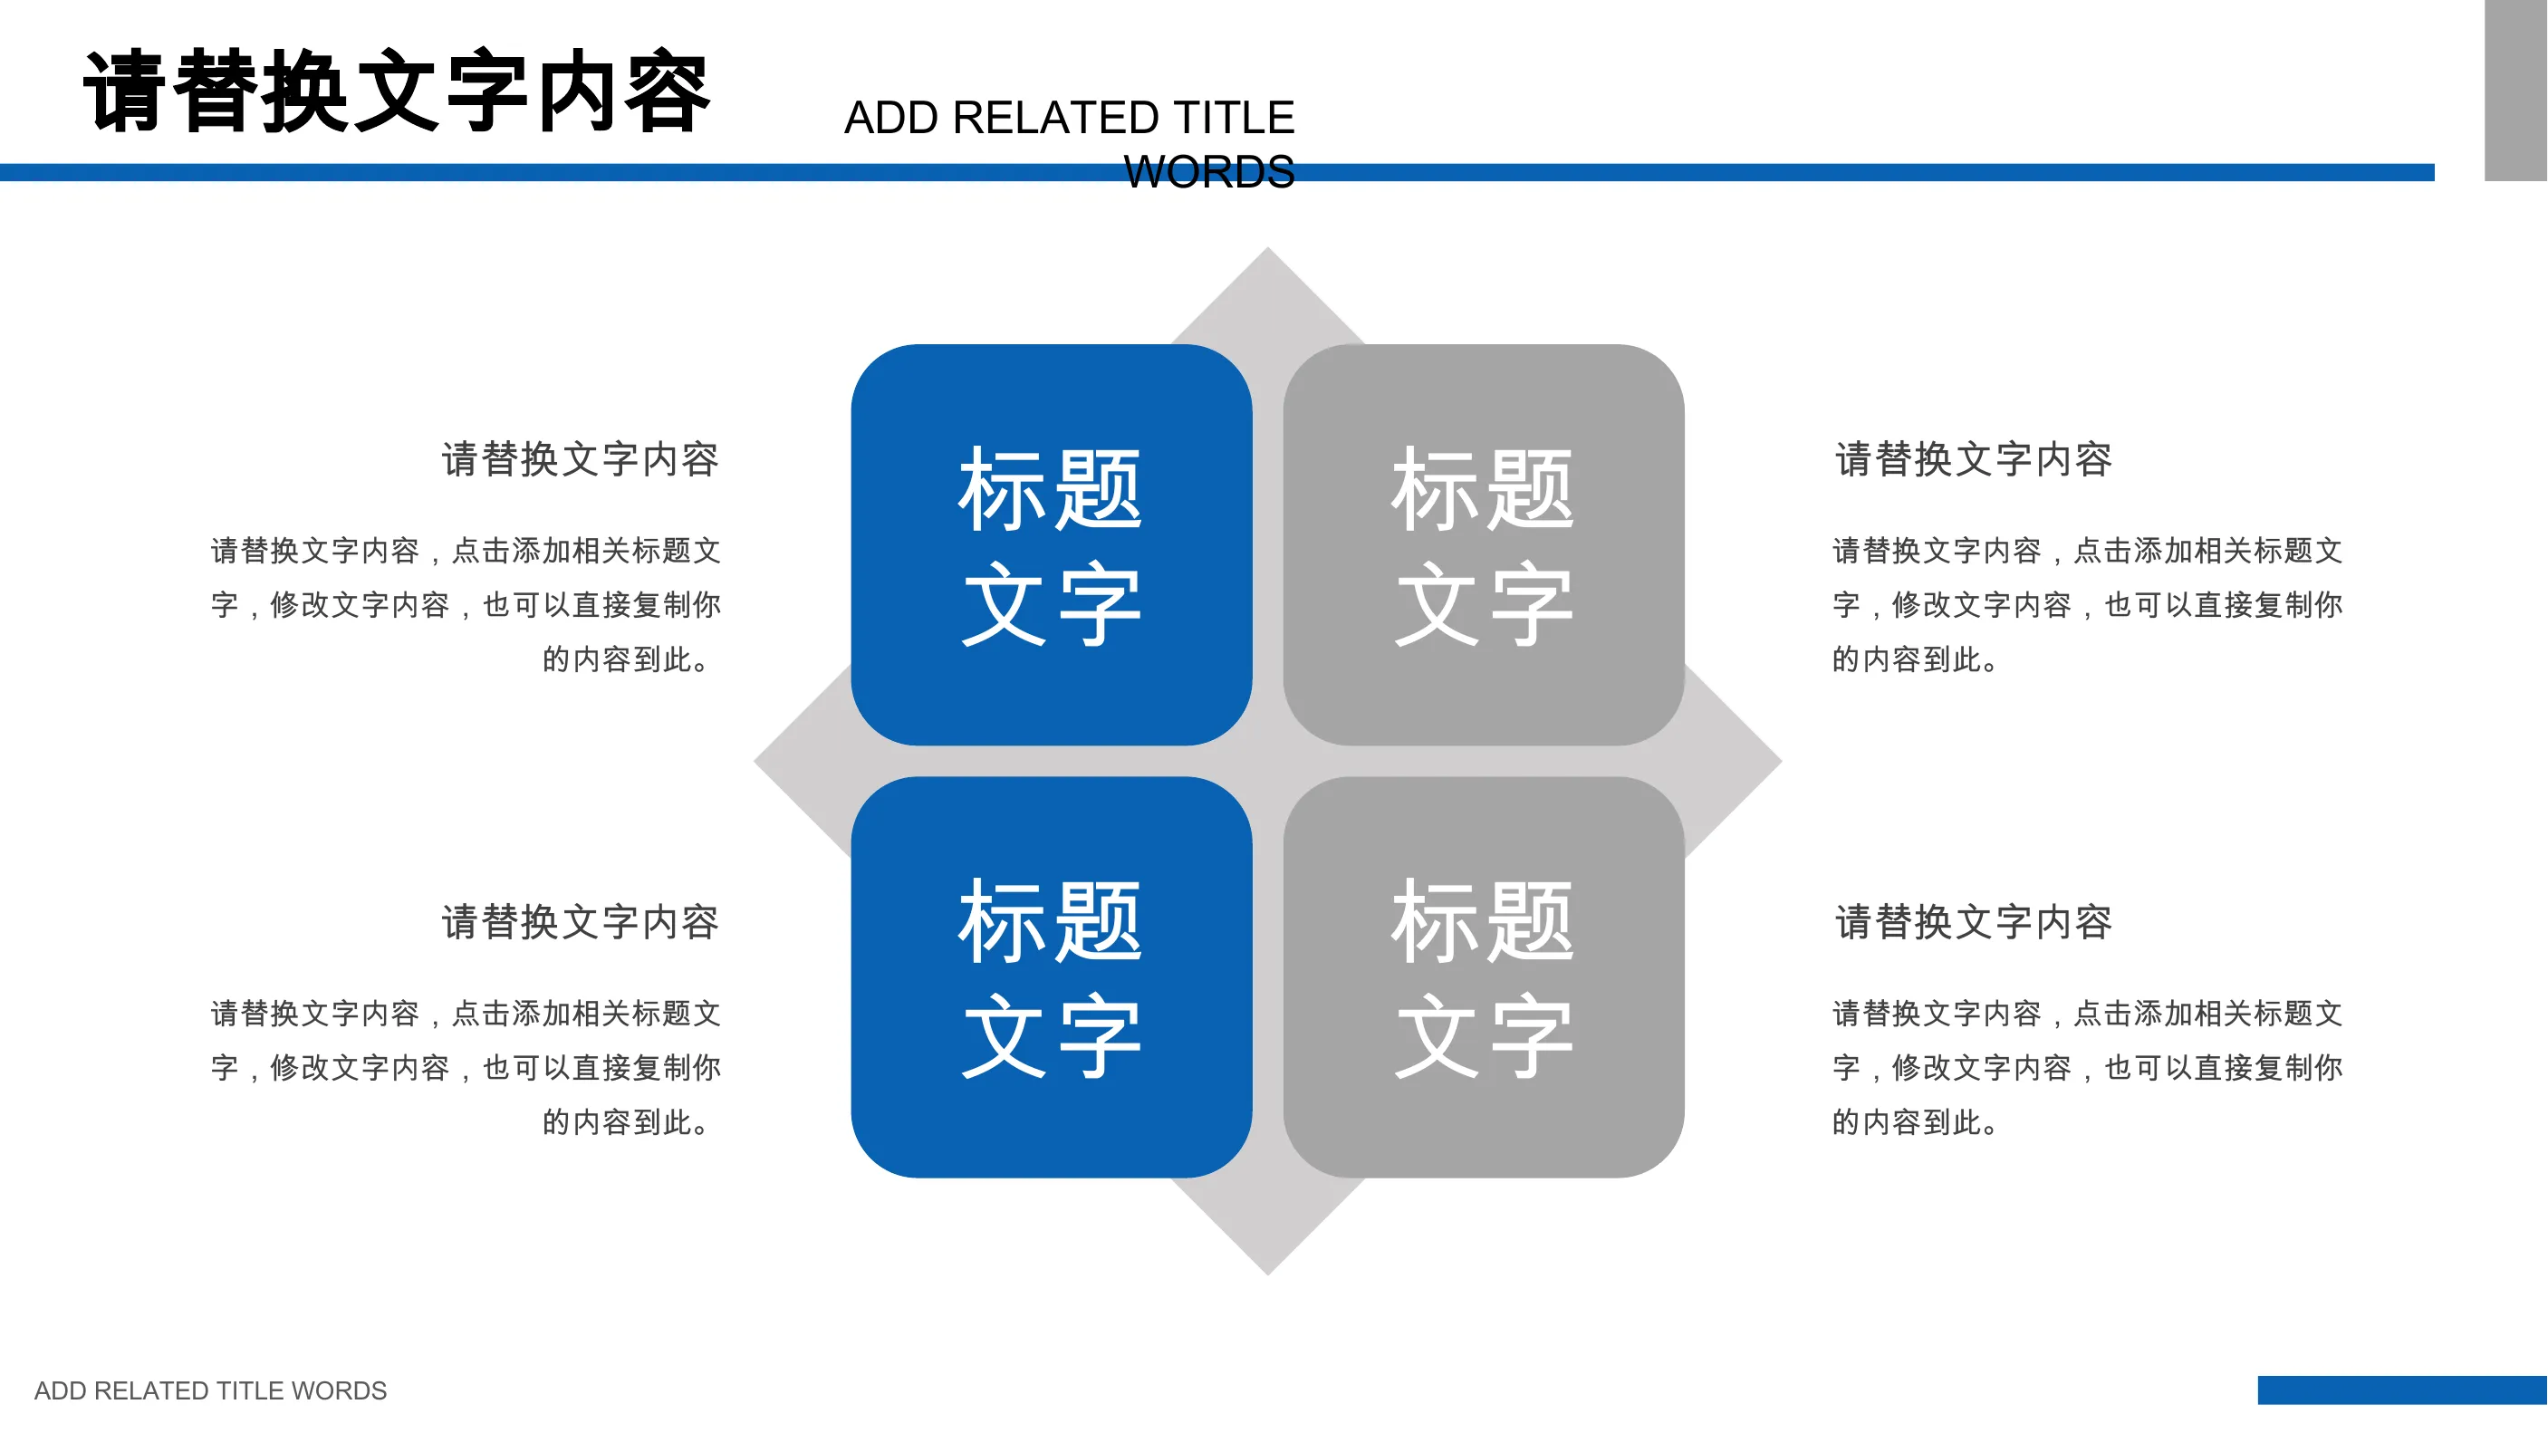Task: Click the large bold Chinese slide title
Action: [x=397, y=91]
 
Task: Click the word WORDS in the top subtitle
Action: [x=1208, y=172]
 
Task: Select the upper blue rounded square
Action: [x=1052, y=545]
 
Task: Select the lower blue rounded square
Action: [x=1052, y=977]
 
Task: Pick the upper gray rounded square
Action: [x=1484, y=545]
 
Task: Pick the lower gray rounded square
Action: [x=1484, y=977]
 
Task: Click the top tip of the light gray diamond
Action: [x=1268, y=247]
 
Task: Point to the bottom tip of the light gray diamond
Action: [x=1268, y=1274]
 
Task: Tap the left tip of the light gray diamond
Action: [x=755, y=762]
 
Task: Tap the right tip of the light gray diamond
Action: [x=1782, y=762]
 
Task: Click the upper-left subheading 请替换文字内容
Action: [x=580, y=460]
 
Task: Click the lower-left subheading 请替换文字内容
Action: [x=580, y=923]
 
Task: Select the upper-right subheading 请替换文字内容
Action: [x=1974, y=460]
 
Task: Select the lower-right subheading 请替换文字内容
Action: [x=1974, y=923]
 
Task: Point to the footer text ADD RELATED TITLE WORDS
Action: [x=211, y=1390]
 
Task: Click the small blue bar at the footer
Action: [x=2402, y=1390]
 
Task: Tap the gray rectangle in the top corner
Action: [x=2516, y=90]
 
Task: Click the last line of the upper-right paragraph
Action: [x=1915, y=659]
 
